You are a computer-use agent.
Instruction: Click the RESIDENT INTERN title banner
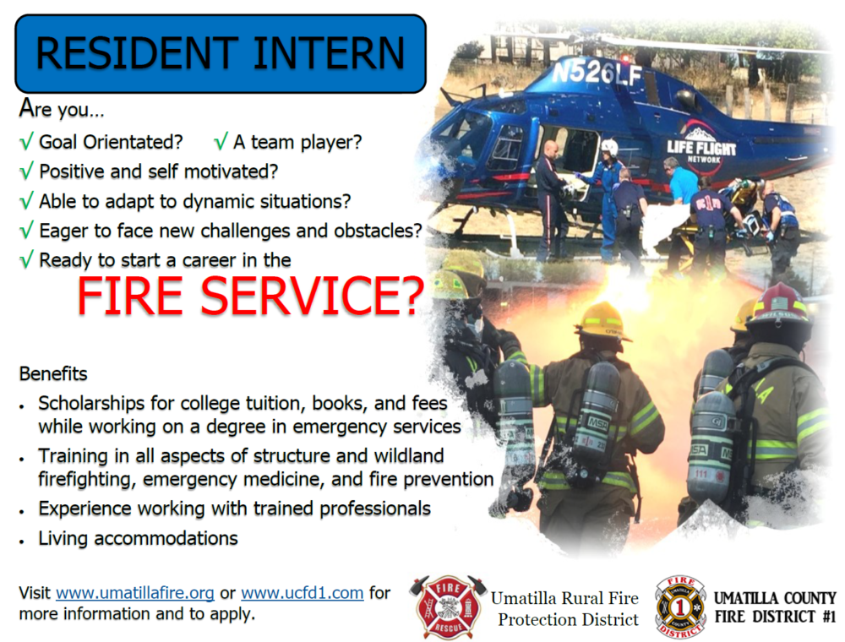click(221, 53)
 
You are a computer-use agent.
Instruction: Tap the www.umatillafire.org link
click(134, 593)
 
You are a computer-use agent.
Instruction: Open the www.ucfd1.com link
click(302, 593)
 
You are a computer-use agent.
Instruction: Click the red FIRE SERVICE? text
click(251, 297)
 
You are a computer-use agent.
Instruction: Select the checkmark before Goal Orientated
click(26, 142)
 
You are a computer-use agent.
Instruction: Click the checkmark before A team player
click(221, 142)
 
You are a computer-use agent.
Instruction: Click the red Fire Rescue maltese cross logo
click(448, 607)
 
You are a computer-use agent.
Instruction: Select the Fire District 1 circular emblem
click(680, 607)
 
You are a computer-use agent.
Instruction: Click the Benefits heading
click(53, 373)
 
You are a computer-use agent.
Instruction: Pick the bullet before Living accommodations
click(22, 541)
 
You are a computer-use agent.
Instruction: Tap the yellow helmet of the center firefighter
click(602, 321)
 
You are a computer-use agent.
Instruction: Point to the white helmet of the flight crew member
click(609, 146)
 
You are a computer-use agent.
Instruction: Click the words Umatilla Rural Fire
click(564, 598)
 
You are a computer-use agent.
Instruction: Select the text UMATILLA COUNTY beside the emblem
click(775, 598)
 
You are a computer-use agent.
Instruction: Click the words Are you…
click(62, 109)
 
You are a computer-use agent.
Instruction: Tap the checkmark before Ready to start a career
click(26, 260)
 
